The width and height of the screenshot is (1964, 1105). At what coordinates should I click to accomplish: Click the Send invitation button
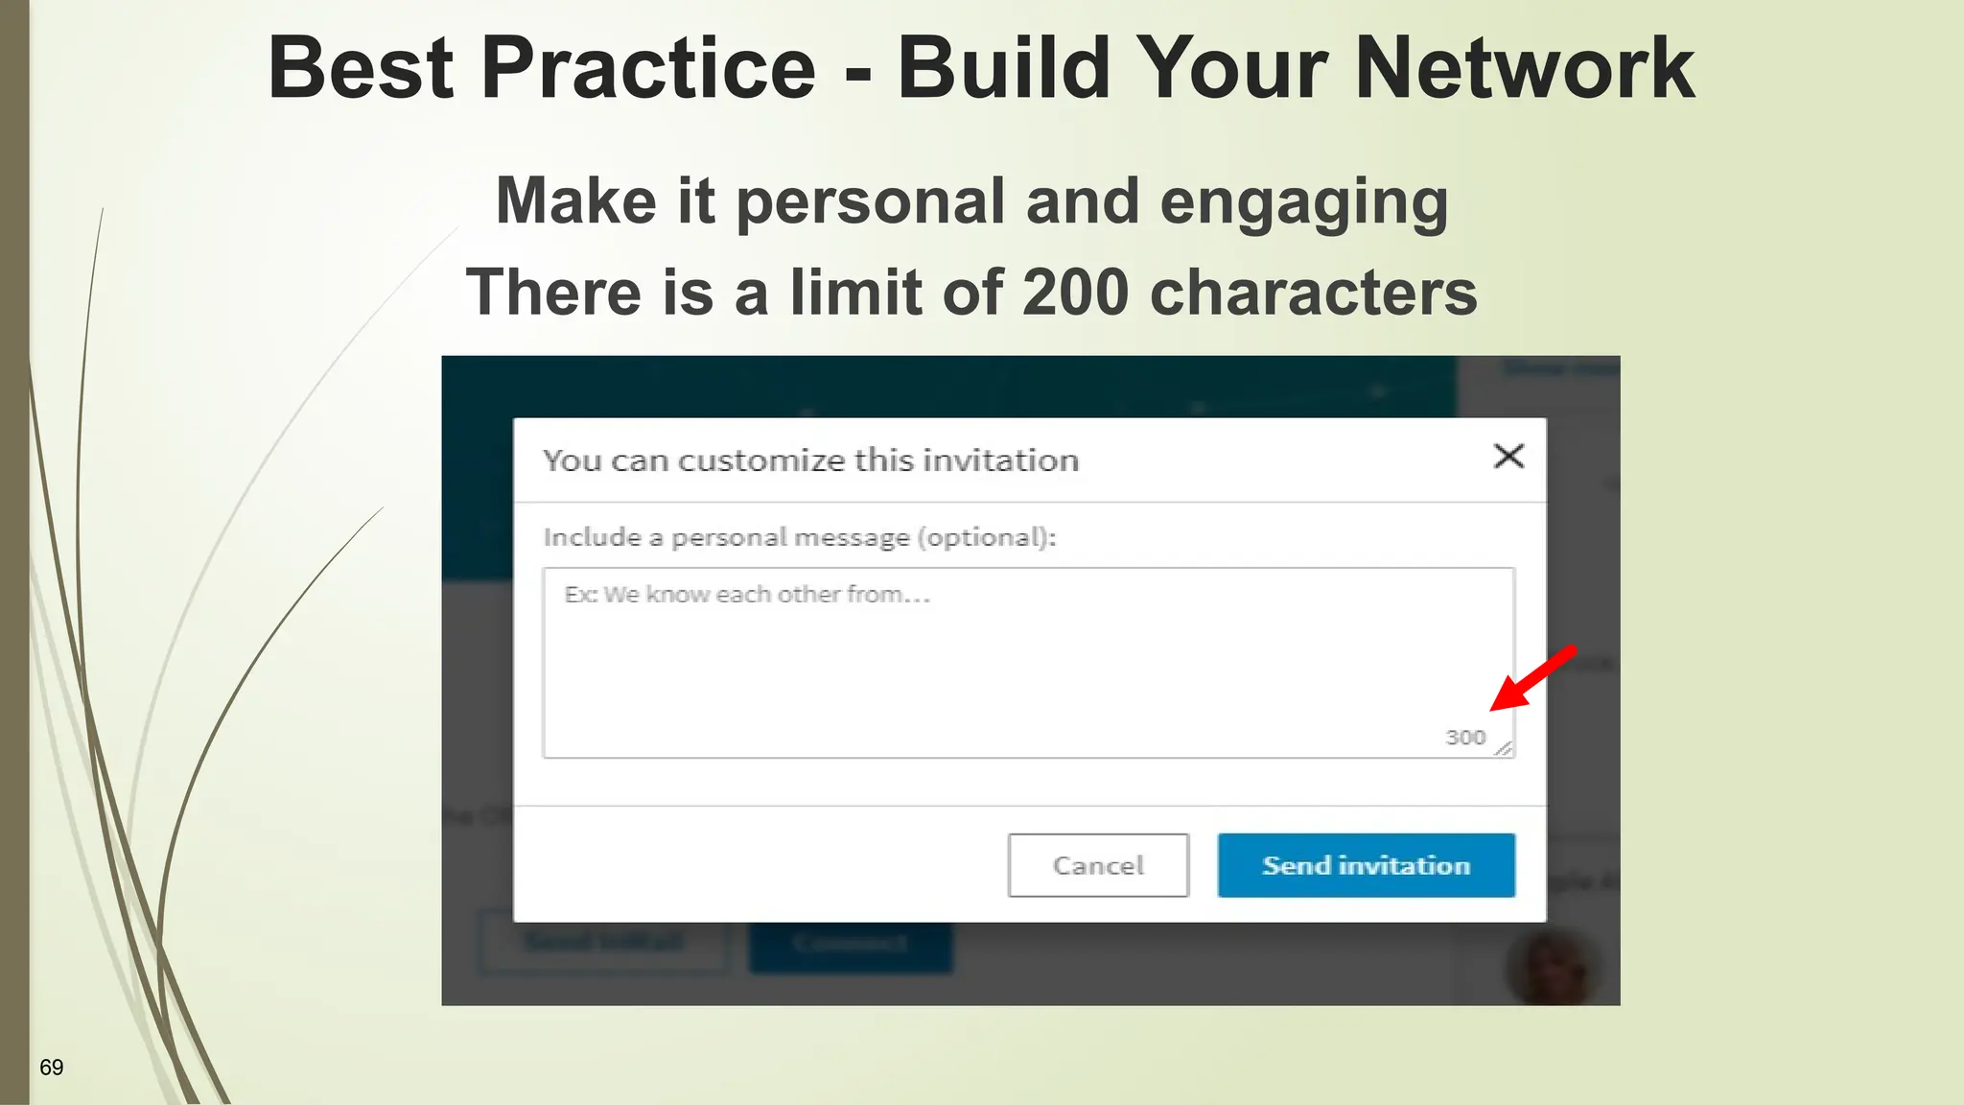click(1366, 865)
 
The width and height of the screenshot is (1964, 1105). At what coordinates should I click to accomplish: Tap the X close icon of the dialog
click(1508, 457)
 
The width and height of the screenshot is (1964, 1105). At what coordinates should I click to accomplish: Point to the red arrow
click(1532, 679)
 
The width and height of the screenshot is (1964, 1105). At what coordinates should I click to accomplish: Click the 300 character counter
click(1464, 738)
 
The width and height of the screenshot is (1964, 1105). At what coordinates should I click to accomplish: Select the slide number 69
click(52, 1068)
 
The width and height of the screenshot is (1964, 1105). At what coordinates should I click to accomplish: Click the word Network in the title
click(1525, 68)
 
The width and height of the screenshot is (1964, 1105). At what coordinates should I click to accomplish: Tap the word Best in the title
click(361, 68)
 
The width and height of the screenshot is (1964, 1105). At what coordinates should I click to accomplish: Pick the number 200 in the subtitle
click(1075, 293)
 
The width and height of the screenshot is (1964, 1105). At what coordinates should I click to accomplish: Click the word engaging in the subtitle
click(1303, 203)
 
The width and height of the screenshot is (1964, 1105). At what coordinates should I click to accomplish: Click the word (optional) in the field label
click(986, 537)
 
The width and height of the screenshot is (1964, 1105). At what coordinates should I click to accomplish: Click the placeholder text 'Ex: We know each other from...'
click(747, 595)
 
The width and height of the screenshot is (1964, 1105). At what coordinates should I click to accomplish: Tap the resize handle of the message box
click(1504, 748)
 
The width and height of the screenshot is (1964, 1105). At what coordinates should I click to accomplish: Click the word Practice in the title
click(648, 68)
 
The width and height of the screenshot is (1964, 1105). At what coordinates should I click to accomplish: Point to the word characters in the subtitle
click(1313, 293)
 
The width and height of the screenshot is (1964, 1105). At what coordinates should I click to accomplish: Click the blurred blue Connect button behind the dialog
click(851, 944)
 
